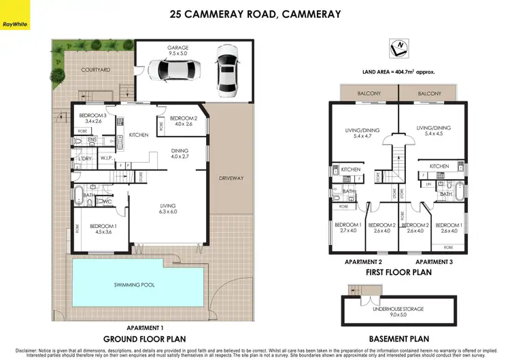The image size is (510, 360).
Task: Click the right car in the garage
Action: coord(226,69)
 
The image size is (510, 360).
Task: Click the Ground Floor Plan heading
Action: coord(144,338)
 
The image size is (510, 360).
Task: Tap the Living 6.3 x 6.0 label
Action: coord(168,209)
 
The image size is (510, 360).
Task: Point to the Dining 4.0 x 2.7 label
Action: coord(180,154)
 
